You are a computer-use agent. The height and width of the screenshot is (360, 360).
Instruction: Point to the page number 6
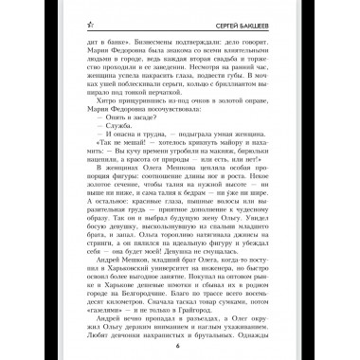coord(178,343)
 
